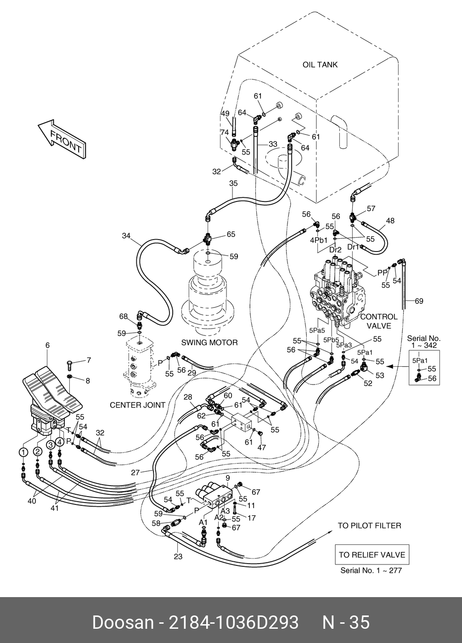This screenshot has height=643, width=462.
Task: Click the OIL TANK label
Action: [320, 65]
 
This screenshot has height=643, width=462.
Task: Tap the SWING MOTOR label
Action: [209, 342]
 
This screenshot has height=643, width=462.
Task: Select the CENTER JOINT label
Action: [138, 405]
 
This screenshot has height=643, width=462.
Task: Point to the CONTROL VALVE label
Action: [379, 321]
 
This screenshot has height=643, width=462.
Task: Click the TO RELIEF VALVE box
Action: [372, 555]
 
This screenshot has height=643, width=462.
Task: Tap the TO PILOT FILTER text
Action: [369, 526]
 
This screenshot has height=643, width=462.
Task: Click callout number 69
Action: [418, 302]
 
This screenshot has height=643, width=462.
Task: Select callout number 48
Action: [390, 221]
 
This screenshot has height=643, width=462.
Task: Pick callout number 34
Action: [126, 236]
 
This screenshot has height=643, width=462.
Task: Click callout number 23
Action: [178, 557]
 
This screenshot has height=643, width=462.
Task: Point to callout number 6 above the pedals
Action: [47, 345]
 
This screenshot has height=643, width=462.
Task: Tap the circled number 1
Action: [22, 452]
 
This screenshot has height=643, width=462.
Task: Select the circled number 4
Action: [60, 442]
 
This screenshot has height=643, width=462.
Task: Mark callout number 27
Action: [135, 471]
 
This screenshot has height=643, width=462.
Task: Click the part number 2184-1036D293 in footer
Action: [235, 622]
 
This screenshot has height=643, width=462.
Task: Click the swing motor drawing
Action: [208, 294]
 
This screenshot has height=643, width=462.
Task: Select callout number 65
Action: [231, 235]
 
